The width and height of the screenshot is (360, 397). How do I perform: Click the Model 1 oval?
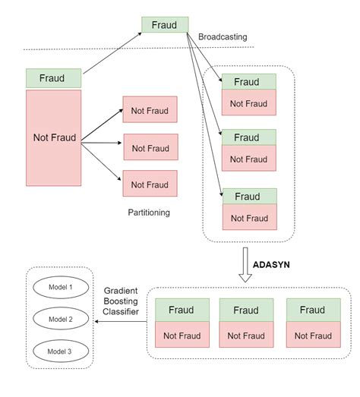pyautogui.click(x=59, y=288)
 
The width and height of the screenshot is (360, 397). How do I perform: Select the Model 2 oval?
pyautogui.click(x=59, y=320)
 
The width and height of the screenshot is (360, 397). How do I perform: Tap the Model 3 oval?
pyautogui.click(x=59, y=351)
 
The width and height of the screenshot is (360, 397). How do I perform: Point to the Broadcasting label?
pyautogui.click(x=223, y=36)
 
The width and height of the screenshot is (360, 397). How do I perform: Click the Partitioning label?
pyautogui.click(x=149, y=213)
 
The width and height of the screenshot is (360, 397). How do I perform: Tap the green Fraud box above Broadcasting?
pyautogui.click(x=165, y=24)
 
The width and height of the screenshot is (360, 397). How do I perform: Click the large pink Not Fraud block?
pyautogui.click(x=53, y=137)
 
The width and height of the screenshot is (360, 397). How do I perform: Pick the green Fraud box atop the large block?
pyautogui.click(x=53, y=77)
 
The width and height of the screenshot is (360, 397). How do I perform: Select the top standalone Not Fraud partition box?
pyautogui.click(x=150, y=110)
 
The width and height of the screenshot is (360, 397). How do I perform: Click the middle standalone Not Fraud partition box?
pyautogui.click(x=150, y=148)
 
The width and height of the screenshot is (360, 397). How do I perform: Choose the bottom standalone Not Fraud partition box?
pyautogui.click(x=150, y=184)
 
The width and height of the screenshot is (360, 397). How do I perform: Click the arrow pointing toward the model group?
pyautogui.click(x=122, y=322)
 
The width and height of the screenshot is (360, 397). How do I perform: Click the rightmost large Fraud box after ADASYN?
pyautogui.click(x=312, y=310)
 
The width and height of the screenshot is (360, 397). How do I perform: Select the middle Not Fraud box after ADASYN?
pyautogui.click(x=246, y=336)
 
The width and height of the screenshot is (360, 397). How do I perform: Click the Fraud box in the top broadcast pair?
pyautogui.click(x=246, y=81)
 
